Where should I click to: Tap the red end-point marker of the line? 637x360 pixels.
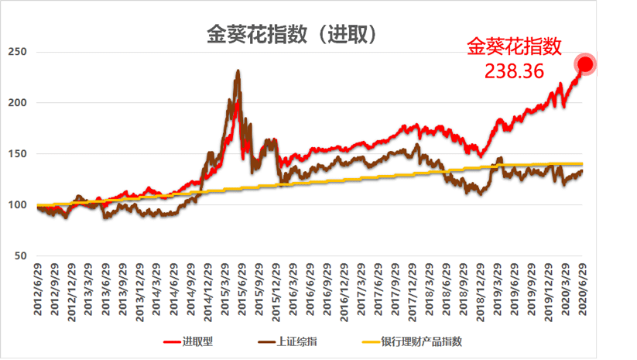click(585, 64)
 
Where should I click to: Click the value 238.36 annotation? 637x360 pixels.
click(515, 70)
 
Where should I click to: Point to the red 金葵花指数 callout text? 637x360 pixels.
click(513, 47)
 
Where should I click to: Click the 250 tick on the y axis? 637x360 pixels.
click(16, 52)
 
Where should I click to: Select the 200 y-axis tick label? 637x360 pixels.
click(16, 103)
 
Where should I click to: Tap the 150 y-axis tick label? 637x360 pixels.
click(16, 154)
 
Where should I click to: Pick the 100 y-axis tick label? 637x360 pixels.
click(16, 205)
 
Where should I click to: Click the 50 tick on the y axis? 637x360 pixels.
click(19, 256)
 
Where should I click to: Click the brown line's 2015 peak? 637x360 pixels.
click(237, 71)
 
